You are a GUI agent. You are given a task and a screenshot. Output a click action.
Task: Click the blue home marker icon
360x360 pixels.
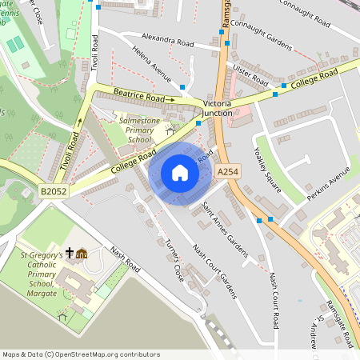[x=179, y=173]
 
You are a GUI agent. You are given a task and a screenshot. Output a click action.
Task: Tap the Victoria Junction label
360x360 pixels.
[x=218, y=109]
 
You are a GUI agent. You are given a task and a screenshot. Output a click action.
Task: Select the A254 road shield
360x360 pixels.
[x=227, y=172]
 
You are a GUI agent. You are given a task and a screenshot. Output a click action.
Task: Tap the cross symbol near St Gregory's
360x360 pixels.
[x=70, y=254]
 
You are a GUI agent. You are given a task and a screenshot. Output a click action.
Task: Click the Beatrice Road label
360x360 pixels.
[x=144, y=97]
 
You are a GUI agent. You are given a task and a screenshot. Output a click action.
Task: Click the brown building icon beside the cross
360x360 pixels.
[x=82, y=254]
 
